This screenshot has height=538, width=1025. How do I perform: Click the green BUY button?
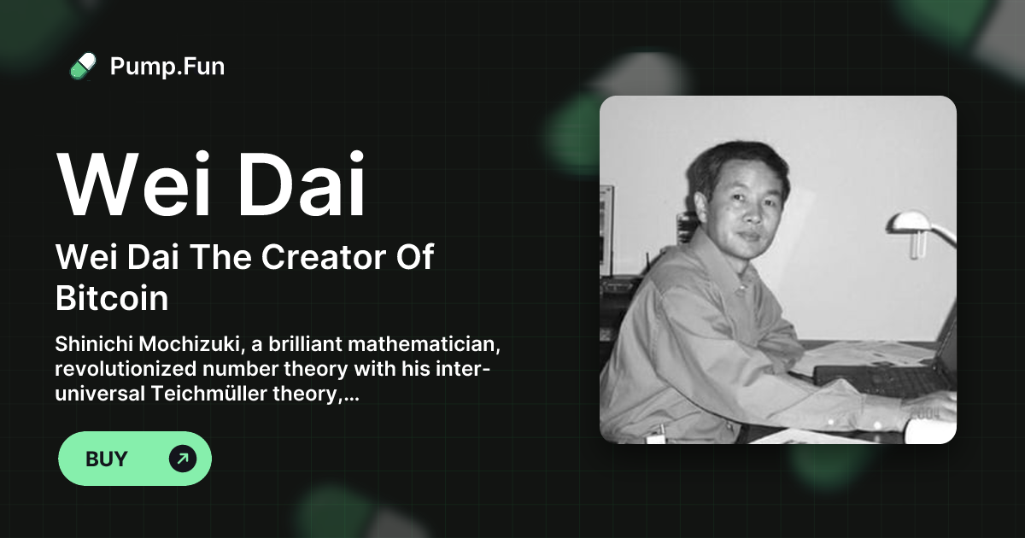click(x=134, y=459)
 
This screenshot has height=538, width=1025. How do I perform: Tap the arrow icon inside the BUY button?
click(x=182, y=459)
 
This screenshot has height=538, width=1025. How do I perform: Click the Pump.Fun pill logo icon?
click(x=83, y=66)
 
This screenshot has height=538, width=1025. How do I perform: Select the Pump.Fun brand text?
click(x=167, y=66)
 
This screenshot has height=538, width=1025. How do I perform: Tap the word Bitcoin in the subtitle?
click(x=111, y=299)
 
